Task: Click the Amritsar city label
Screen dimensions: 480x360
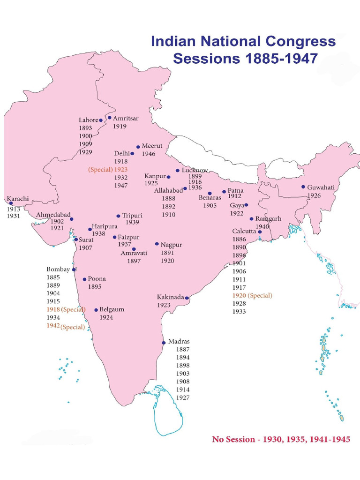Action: click(126, 119)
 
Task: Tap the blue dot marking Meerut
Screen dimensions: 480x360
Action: click(138, 147)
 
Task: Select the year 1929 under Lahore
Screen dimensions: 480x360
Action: click(85, 152)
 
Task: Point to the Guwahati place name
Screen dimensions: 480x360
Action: click(321, 187)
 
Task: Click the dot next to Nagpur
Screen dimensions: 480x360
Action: click(157, 244)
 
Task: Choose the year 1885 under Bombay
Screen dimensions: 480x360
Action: click(53, 277)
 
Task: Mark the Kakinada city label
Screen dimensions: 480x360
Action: click(170, 297)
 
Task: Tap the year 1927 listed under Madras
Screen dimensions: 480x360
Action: click(183, 397)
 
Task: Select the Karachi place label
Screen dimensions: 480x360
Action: click(17, 199)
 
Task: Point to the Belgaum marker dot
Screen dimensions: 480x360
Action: click(96, 310)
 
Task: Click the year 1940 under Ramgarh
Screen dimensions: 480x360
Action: click(262, 226)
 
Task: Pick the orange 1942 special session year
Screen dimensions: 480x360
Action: click(53, 326)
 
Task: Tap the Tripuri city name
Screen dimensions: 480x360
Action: click(132, 216)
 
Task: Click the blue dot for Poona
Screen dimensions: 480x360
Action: click(84, 279)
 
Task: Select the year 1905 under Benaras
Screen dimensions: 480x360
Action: click(210, 205)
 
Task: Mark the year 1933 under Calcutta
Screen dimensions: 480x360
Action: click(239, 311)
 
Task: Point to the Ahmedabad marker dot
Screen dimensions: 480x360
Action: click(72, 219)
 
